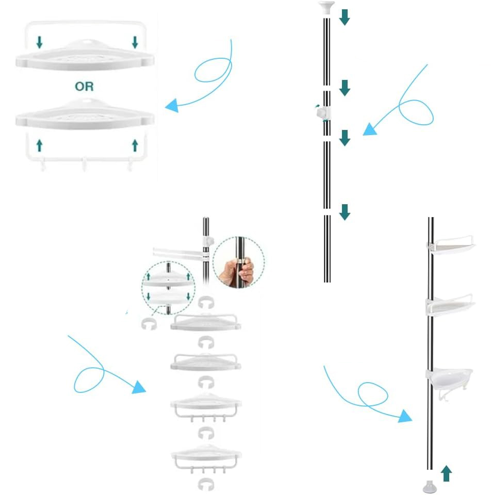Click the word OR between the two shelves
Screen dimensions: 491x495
pyautogui.click(x=84, y=86)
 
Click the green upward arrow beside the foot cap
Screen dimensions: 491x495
pyautogui.click(x=446, y=473)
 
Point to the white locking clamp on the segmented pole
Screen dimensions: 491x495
pyautogui.click(x=323, y=113)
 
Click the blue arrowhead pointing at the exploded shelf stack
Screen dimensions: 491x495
pyautogui.click(x=138, y=387)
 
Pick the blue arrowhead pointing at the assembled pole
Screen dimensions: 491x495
pyautogui.click(x=405, y=416)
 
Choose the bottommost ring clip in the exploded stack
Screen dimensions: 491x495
pyautogui.click(x=206, y=485)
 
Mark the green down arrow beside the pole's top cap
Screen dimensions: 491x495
pyautogui.click(x=345, y=17)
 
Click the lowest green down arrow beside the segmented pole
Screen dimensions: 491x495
pyautogui.click(x=345, y=212)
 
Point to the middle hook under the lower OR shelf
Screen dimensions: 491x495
pyautogui.click(x=84, y=164)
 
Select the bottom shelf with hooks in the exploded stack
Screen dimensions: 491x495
pyautogui.click(x=206, y=459)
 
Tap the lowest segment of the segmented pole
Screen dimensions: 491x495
pyautogui.click(x=327, y=249)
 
